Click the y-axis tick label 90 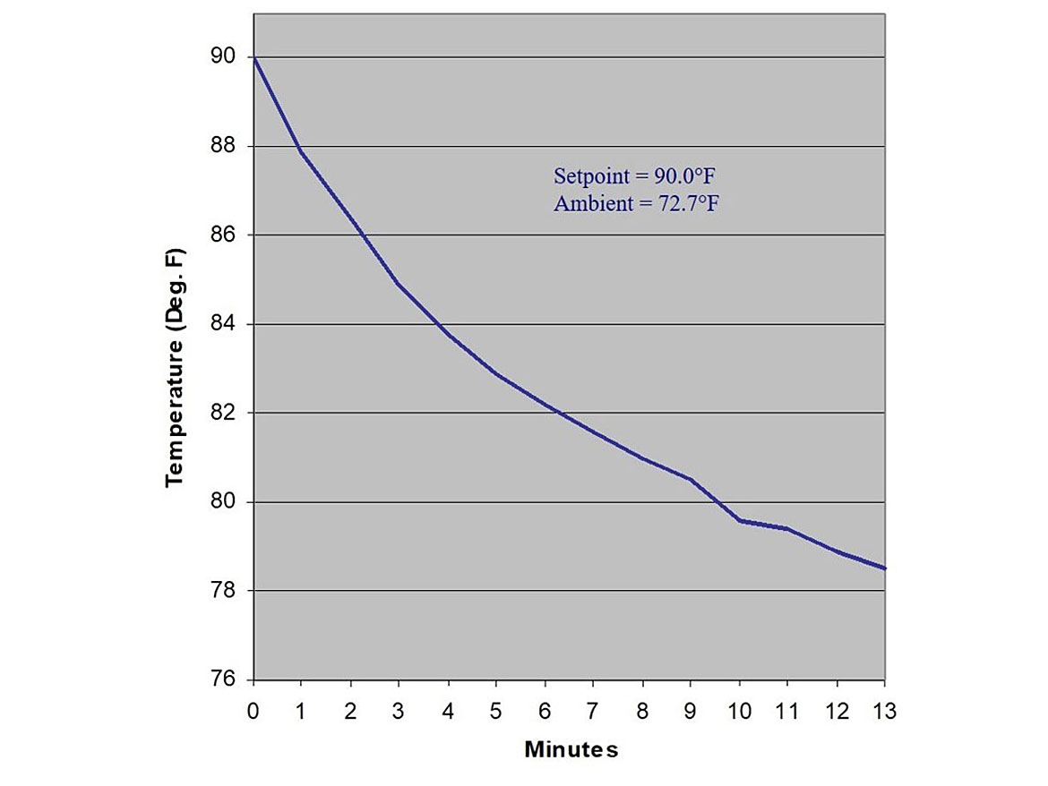pos(225,57)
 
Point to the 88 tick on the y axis pos(225,146)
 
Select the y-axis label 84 pos(225,324)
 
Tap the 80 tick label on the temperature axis pos(225,502)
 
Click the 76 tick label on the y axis pos(225,680)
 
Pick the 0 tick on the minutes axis pos(253,712)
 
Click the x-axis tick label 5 pos(496,712)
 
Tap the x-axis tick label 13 pos(885,712)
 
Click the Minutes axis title pos(571,749)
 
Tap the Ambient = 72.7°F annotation pos(637,204)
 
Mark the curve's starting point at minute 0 pos(254,58)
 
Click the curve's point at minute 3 pos(399,285)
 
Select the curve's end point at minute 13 pos(885,568)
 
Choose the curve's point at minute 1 pos(302,152)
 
